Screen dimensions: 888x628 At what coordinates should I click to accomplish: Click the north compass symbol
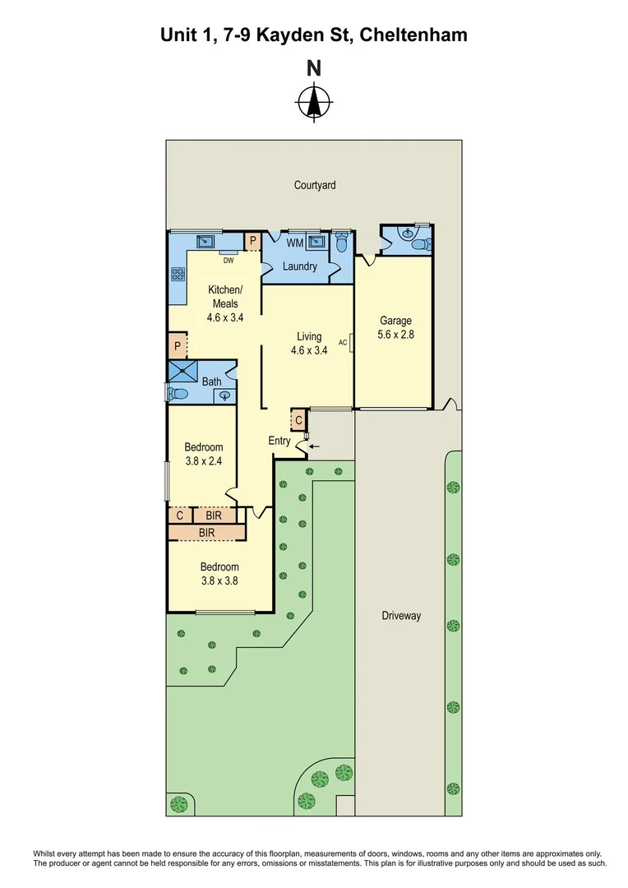313,103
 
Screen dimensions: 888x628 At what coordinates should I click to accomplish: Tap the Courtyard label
315,186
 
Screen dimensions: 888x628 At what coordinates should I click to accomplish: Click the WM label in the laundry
294,243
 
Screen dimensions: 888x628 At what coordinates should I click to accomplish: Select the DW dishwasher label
229,261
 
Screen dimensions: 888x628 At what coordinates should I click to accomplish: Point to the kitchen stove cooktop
178,275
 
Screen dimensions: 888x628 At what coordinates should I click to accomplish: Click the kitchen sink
205,241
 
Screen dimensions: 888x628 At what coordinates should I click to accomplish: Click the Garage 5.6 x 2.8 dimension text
395,335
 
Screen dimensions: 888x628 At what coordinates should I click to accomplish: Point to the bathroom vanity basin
224,396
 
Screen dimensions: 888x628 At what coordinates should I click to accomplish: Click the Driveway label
401,615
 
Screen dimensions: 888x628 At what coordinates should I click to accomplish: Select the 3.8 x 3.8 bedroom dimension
219,580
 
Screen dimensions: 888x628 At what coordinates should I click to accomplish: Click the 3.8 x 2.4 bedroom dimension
203,461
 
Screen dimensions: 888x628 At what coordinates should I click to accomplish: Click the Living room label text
309,336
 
